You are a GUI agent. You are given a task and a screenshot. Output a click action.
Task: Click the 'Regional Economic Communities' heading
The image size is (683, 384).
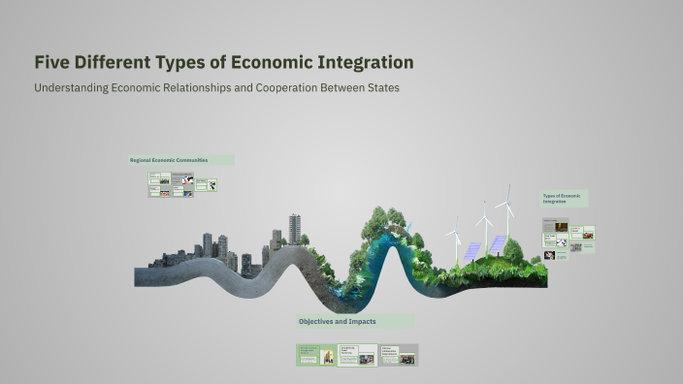coord(181,160)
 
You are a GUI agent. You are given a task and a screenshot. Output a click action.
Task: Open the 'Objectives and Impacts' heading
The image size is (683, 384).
coord(338,321)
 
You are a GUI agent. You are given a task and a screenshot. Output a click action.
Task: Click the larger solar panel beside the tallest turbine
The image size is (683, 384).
coord(497,244)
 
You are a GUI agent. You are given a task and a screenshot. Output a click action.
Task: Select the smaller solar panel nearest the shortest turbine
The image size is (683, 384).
coord(472,250)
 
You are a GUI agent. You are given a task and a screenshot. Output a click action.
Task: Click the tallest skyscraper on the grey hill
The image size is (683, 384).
coord(294,229)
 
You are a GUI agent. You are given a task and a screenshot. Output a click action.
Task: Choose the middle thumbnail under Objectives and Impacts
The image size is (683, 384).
coord(357,356)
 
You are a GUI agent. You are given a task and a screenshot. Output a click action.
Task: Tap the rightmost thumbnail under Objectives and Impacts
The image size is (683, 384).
coord(399,355)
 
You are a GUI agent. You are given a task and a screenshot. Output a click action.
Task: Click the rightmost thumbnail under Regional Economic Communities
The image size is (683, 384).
coord(206,184)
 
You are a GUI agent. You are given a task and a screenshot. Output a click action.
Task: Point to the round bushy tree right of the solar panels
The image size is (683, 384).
coord(513,251)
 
